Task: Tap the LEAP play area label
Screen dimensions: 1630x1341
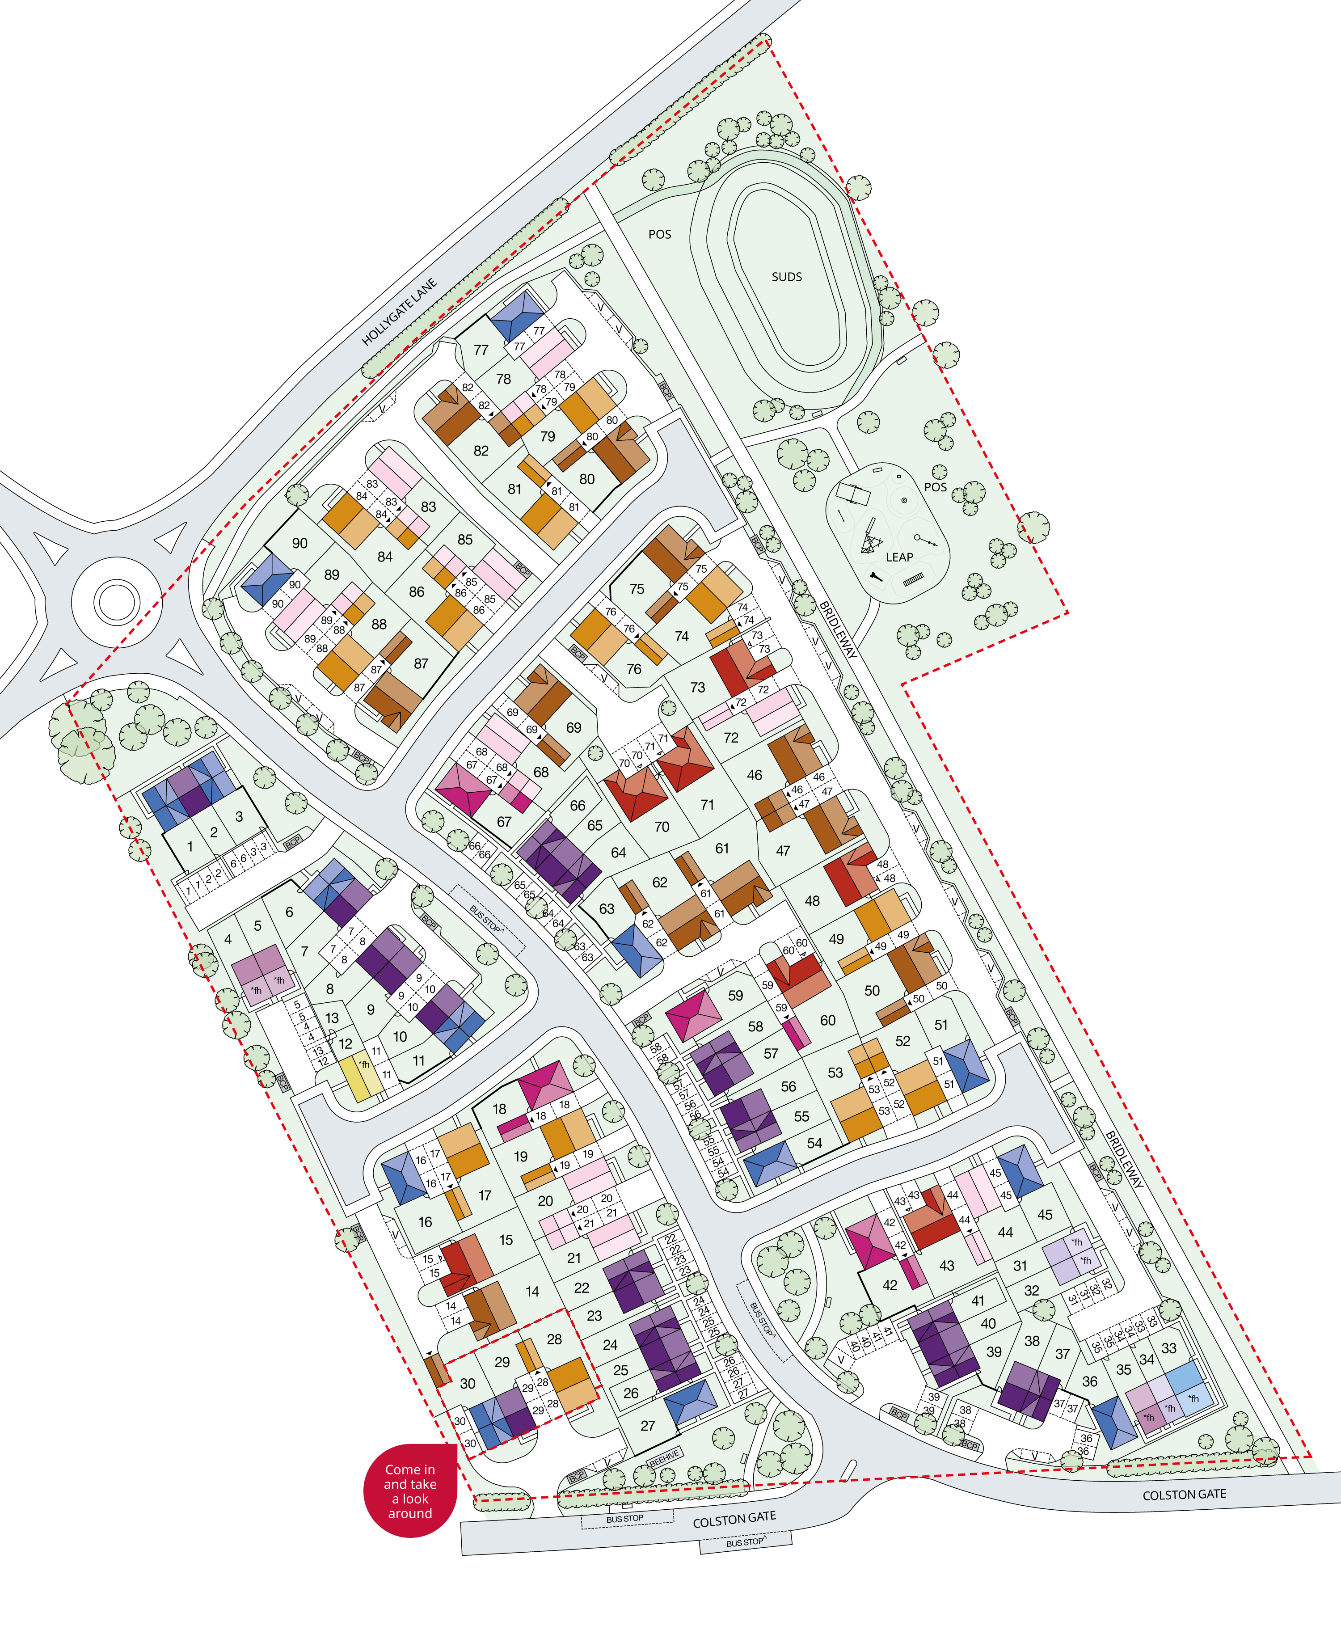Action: coord(899,557)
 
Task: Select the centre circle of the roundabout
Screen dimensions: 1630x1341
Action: coord(116,600)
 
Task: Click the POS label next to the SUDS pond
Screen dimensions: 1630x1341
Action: coord(660,234)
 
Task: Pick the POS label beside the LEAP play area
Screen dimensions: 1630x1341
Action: coord(936,487)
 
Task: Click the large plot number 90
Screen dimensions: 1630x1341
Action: coord(300,543)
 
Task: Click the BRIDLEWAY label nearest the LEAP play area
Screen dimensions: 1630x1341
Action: coord(838,629)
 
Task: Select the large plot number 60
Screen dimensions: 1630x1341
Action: coord(827,1021)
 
